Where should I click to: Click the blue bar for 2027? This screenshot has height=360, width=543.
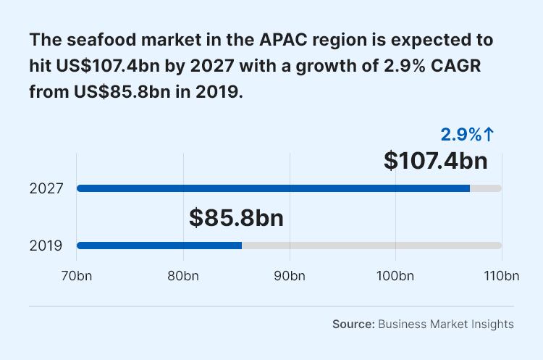coord(274,188)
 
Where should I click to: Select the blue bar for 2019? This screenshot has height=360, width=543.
coord(159,246)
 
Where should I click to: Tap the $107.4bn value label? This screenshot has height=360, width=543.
coord(435,161)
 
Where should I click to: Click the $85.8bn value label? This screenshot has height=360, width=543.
coord(236,217)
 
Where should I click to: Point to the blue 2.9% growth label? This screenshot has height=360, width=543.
coord(461,134)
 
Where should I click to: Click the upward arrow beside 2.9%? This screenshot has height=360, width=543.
coord(489,134)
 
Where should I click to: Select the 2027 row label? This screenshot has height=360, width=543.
coord(46,188)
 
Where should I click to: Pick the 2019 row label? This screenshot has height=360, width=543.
coord(46,246)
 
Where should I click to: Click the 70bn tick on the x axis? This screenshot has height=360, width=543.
coord(77,276)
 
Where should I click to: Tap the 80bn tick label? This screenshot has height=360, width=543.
coord(183,276)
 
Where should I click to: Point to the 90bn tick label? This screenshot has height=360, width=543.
coord(290,276)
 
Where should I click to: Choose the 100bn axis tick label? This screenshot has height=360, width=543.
coord(395,276)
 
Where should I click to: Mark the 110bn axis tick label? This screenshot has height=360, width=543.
coord(501,276)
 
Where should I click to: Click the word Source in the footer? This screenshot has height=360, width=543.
coord(353,324)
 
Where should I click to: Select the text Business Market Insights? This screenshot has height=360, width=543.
coord(446,324)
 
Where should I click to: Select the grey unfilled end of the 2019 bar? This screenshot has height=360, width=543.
coord(371,246)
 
